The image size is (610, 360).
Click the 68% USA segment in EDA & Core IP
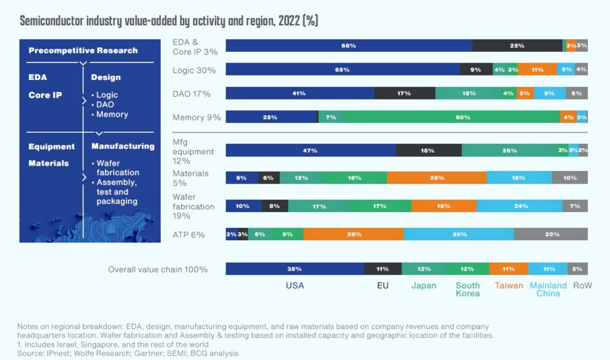(348, 46)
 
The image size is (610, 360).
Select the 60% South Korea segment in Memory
(452, 117)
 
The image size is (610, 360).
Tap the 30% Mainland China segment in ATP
(459, 234)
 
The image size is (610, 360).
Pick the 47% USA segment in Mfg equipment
(310, 151)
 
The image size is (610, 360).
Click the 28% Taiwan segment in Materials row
(437, 177)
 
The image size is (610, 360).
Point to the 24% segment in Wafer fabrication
(519, 206)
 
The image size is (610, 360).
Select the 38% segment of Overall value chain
(295, 269)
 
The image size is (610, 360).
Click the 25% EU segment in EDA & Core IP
(517, 46)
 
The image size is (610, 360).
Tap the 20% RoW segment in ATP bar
(551, 234)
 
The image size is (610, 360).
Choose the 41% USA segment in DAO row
(300, 93)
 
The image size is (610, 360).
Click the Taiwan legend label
(509, 285)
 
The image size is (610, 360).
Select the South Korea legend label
(468, 289)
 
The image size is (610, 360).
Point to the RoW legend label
(582, 285)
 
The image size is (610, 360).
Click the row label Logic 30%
(194, 70)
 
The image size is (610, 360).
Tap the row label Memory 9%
(197, 117)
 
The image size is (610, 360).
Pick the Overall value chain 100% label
(157, 269)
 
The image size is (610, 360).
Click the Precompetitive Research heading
(83, 51)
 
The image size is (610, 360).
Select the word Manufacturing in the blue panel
(122, 146)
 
